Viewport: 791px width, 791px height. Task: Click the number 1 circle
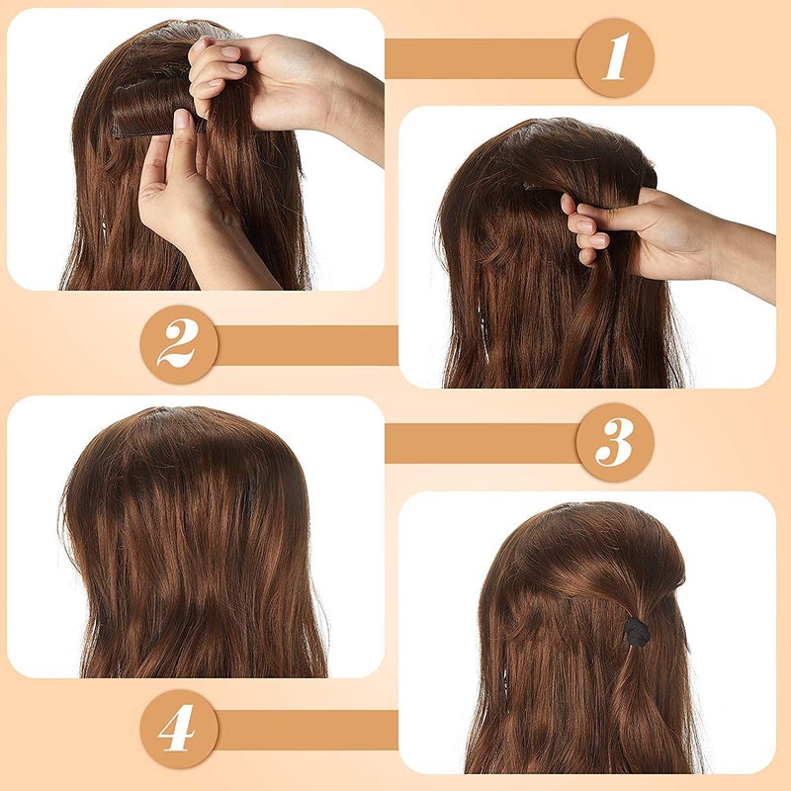coord(614,58)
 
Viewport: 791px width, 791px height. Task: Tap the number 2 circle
coord(179,345)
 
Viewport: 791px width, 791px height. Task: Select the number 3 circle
coord(614,442)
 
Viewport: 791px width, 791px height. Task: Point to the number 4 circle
coord(179,729)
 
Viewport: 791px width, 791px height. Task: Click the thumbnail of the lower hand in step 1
coord(182,121)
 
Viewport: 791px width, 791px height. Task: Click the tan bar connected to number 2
coord(307,345)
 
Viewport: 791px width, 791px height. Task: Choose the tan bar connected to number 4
coord(307,729)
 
